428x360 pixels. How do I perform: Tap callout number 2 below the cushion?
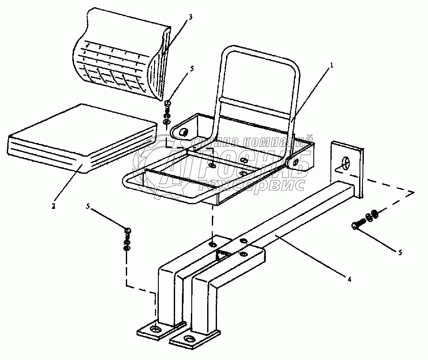(x=53, y=206)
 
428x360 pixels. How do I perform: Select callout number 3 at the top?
(x=191, y=17)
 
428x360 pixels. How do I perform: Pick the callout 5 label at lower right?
(x=400, y=253)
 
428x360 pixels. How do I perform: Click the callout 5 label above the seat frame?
(x=191, y=68)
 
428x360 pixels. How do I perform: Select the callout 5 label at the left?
(x=88, y=207)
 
